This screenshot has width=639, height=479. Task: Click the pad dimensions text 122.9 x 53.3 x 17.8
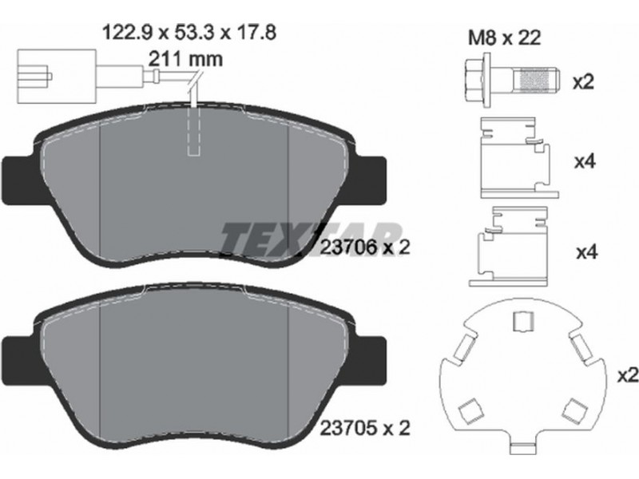[x=189, y=32]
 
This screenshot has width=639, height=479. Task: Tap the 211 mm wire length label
[x=185, y=59]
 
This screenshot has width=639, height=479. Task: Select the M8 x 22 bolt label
[x=504, y=38]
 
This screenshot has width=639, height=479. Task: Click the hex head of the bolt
[x=476, y=81]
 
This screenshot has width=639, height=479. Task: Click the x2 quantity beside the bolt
[x=583, y=82]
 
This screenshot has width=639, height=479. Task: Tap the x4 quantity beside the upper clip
[x=585, y=162]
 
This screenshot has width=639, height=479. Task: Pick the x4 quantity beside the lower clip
[x=586, y=252]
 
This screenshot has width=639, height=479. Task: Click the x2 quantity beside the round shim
[x=628, y=375]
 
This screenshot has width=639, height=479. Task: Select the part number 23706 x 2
[x=365, y=247]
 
